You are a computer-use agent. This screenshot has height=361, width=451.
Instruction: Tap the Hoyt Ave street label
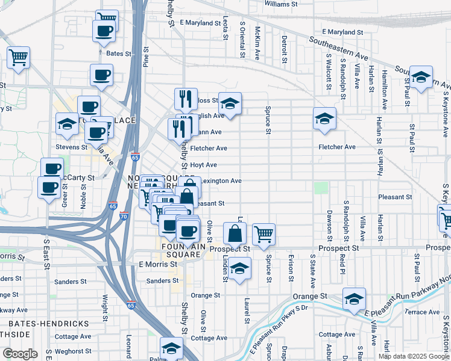point(203,165)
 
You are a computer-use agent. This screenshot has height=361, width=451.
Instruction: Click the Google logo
point(20,354)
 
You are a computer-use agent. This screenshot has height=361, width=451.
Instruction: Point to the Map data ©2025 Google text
point(414,356)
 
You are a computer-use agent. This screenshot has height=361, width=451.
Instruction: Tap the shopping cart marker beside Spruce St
point(263,233)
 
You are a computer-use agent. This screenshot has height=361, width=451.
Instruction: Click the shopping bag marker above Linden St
point(235,233)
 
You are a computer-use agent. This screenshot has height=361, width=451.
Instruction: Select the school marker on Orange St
point(354,299)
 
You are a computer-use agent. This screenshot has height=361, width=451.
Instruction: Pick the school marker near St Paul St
point(421,76)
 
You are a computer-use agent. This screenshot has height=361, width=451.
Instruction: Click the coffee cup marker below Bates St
point(101,75)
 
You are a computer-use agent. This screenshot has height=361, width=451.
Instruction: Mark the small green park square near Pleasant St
point(321,188)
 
